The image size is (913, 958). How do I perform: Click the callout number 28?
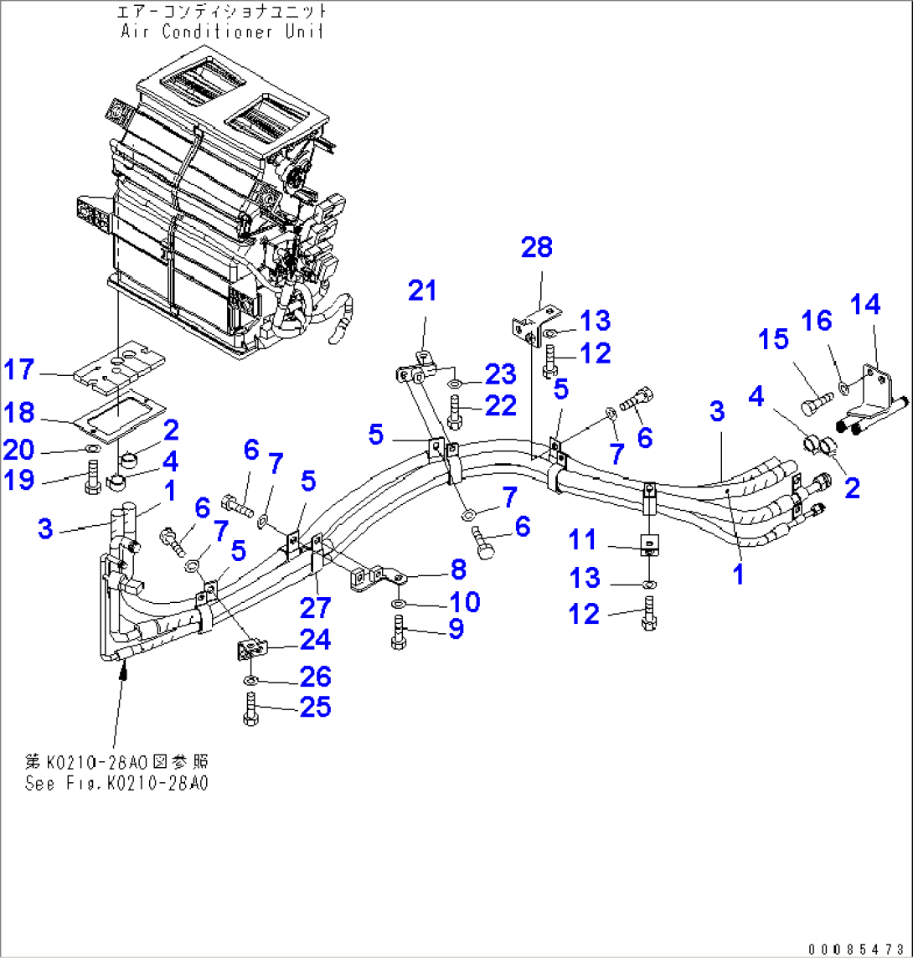tap(537, 247)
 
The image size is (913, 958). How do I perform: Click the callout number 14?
tap(866, 305)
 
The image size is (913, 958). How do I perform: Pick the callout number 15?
tap(774, 339)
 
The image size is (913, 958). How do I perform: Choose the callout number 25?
tap(316, 708)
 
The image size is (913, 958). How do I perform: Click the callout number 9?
tap(456, 628)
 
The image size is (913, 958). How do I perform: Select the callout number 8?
tap(457, 570)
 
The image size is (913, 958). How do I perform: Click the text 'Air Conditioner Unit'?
tap(222, 32)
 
